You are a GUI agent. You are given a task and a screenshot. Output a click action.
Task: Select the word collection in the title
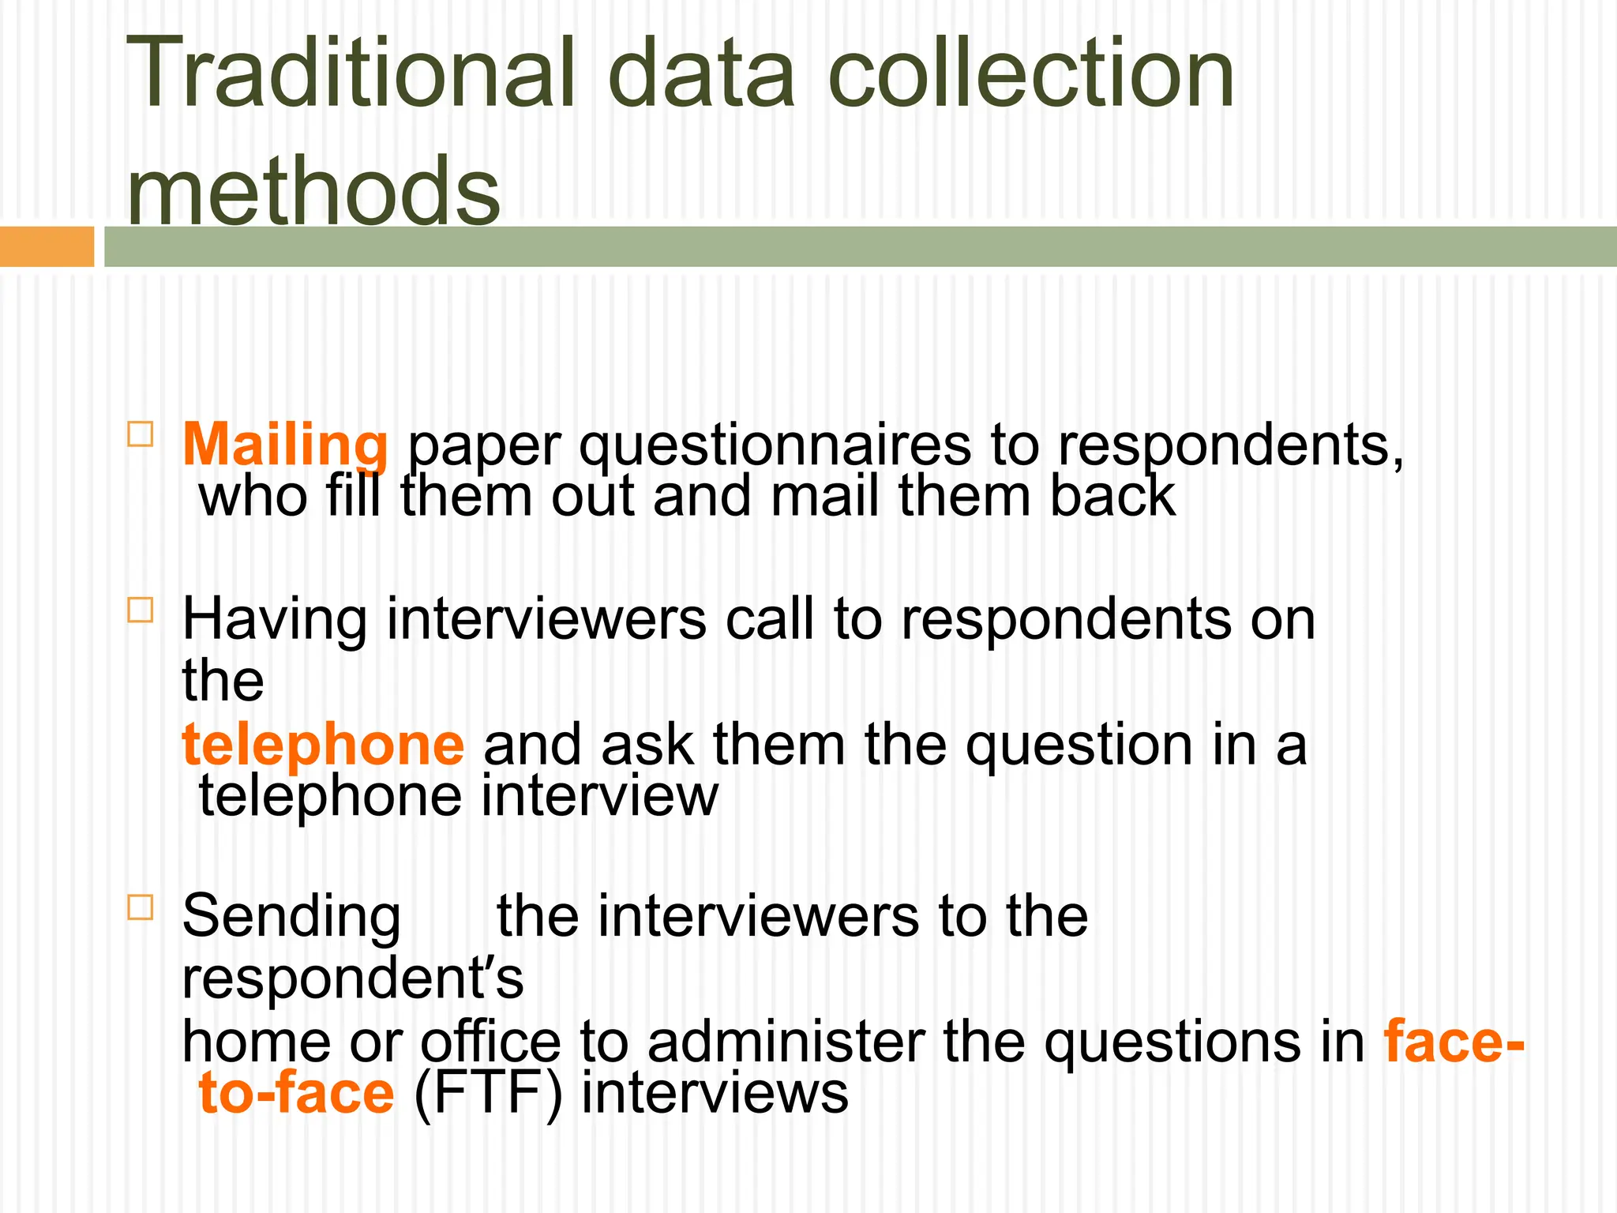click(x=1030, y=73)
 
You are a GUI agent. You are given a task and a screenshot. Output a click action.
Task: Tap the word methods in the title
click(x=313, y=190)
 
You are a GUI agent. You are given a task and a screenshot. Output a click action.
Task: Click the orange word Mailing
click(x=285, y=445)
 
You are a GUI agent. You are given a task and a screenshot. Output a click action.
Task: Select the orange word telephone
click(x=323, y=745)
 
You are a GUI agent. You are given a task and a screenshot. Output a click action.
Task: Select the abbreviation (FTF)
click(x=487, y=1095)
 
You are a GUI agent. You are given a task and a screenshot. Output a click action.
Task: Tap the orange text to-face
click(x=296, y=1095)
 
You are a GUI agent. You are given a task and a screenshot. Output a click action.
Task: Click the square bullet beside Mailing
click(x=140, y=434)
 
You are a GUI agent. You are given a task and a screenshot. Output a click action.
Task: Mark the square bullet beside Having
click(x=140, y=610)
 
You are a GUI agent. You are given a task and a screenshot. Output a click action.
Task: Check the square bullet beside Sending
click(x=140, y=907)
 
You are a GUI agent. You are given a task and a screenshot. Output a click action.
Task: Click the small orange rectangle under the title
click(x=47, y=246)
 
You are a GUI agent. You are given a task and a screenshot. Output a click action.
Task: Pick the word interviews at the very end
click(x=715, y=1095)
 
